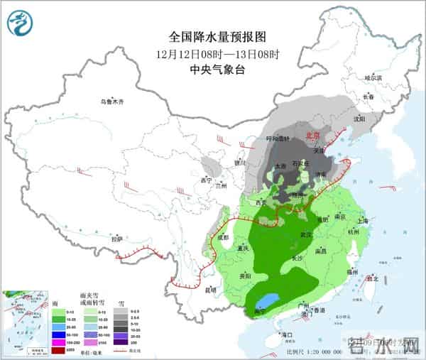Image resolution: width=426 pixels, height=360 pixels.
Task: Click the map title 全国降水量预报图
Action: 213,36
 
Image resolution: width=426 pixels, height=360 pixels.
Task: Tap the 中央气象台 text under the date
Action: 213,69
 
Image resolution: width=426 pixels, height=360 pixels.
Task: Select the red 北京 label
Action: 312,134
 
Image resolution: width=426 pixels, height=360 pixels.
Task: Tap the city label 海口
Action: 286,334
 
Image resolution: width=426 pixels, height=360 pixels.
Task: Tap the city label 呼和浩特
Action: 278,138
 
